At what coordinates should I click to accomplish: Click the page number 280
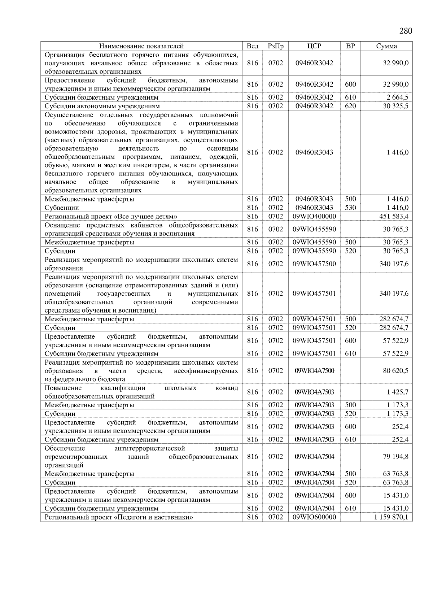tap(406, 31)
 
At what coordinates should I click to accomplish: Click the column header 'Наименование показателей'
tap(141, 46)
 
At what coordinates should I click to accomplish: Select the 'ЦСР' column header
tap(314, 46)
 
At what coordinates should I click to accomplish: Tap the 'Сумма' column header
tap(386, 46)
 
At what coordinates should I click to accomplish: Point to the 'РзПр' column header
tap(276, 46)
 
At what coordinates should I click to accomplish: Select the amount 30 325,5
tap(395, 106)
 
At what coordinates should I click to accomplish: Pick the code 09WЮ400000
tap(314, 216)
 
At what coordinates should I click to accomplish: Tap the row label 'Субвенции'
tap(62, 208)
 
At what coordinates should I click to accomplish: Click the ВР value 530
tap(350, 208)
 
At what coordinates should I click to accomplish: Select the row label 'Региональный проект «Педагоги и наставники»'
tap(119, 517)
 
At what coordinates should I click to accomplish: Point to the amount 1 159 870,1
tap(391, 517)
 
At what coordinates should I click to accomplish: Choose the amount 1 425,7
tap(397, 392)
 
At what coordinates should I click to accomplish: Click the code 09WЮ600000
tap(314, 517)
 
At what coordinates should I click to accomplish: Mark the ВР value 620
tap(350, 106)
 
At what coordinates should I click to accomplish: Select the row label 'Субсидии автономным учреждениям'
tap(102, 106)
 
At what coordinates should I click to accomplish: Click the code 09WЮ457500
tap(314, 264)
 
